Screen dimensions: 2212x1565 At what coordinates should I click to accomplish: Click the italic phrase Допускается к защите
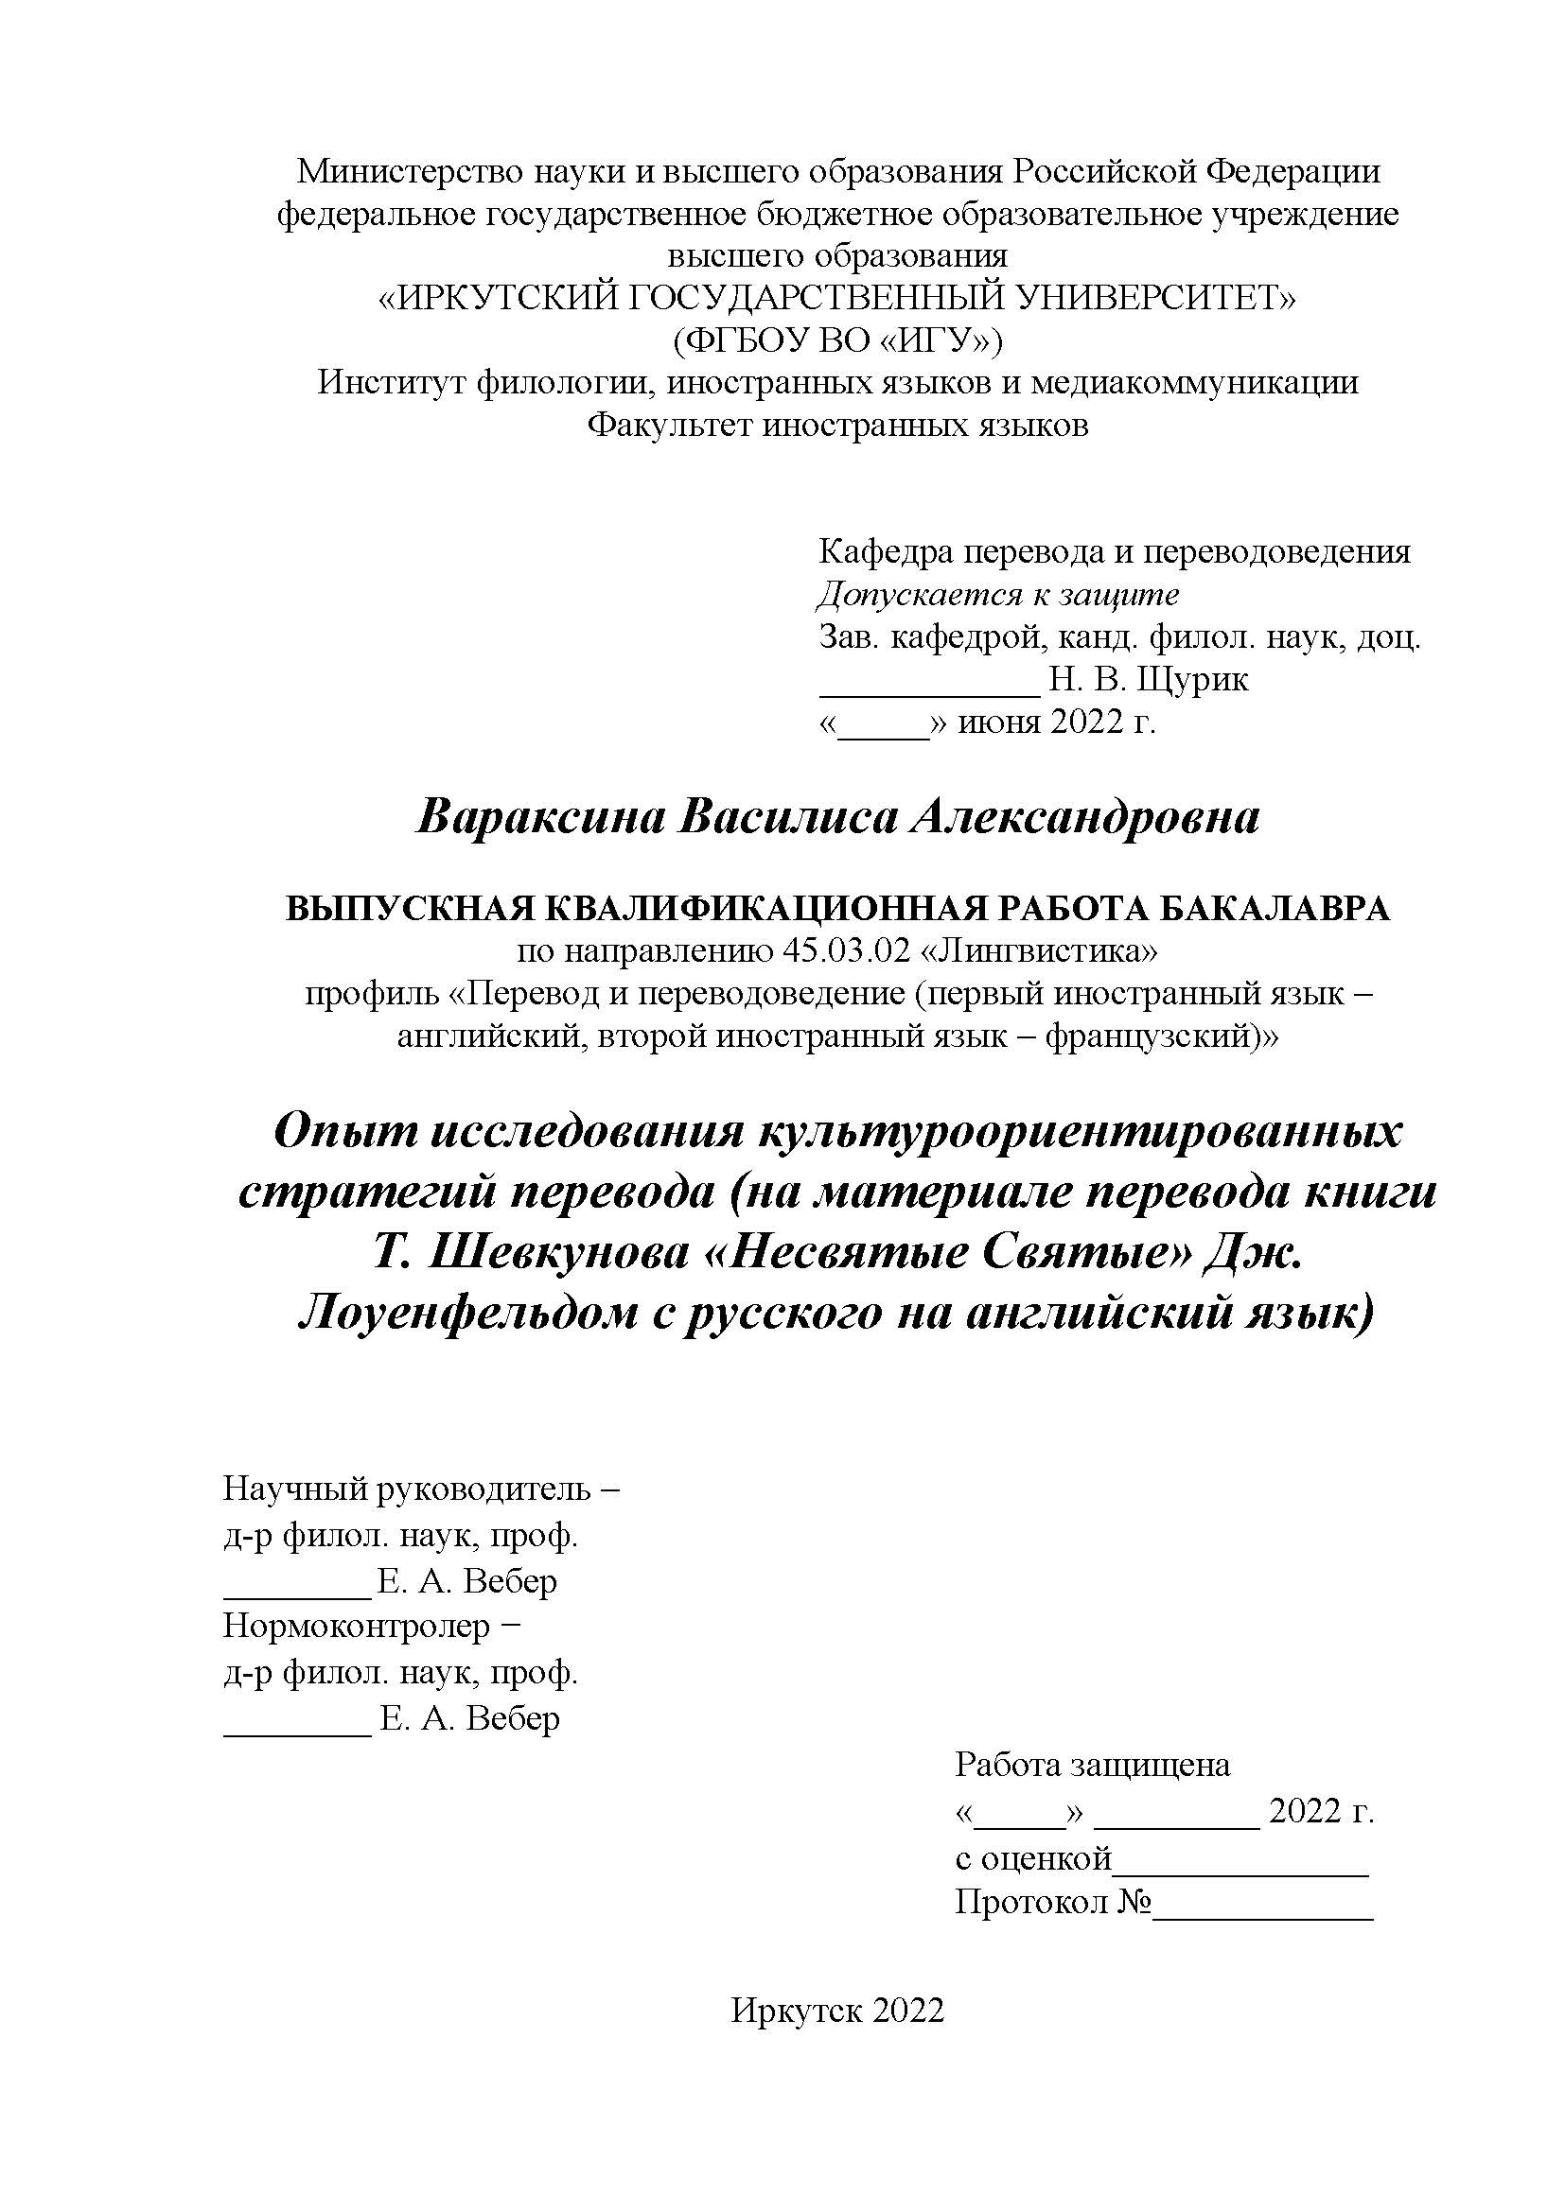(998, 595)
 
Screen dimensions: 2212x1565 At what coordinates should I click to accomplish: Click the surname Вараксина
(539, 819)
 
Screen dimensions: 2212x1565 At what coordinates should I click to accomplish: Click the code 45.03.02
(847, 952)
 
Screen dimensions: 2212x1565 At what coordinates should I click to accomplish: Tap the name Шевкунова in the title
(567, 1253)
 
